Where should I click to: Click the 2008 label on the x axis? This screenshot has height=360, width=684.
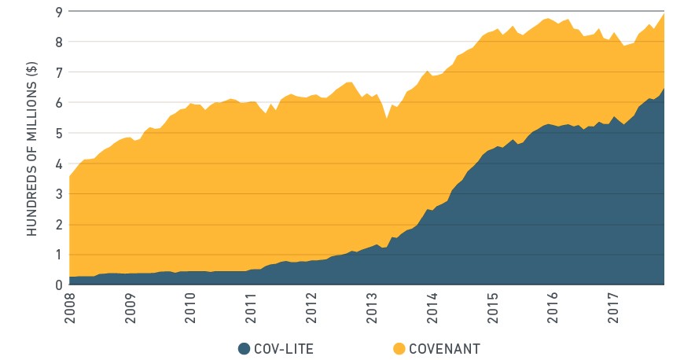pos(70,308)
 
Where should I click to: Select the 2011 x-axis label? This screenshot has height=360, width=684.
pos(251,308)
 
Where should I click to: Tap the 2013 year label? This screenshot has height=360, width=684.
pos(372,308)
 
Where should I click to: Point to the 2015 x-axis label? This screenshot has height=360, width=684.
pos(492,308)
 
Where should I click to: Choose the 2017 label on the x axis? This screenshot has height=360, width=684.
pos(613,308)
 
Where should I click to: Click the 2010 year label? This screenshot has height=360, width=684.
pos(190,308)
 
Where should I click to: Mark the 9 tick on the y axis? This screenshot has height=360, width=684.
pos(59,11)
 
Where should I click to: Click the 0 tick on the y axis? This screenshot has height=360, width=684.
pos(59,285)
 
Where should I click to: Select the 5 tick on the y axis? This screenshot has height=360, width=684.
pos(59,133)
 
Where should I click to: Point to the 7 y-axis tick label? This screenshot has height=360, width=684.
pos(59,72)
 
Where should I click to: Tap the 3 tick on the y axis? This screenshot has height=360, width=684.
pos(59,193)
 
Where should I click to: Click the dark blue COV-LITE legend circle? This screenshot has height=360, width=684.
pos(244,349)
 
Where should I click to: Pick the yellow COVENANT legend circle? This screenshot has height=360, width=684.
pos(399,349)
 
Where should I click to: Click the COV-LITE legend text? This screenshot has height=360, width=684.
pos(284,349)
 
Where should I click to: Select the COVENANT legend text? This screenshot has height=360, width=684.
pos(444,349)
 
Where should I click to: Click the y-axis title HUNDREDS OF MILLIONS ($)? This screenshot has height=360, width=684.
pos(32,149)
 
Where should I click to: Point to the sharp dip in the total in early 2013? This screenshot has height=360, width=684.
pos(387,118)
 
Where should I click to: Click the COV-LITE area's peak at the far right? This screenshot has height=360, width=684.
pos(664,89)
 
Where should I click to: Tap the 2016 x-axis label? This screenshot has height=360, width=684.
pos(553,308)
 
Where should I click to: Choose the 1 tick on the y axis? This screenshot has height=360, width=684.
pos(59,255)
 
